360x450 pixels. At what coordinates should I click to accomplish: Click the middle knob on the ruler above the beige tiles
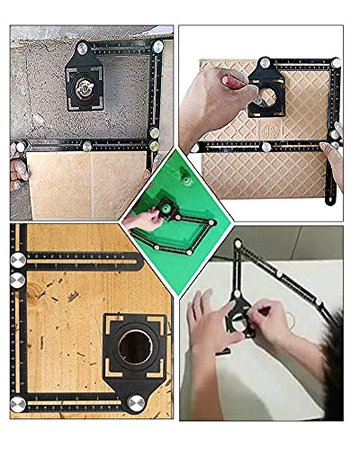point(89,144)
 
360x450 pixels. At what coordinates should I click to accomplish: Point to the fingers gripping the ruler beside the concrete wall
point(16,162)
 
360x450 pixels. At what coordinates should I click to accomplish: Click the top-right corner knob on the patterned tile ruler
point(335,64)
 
